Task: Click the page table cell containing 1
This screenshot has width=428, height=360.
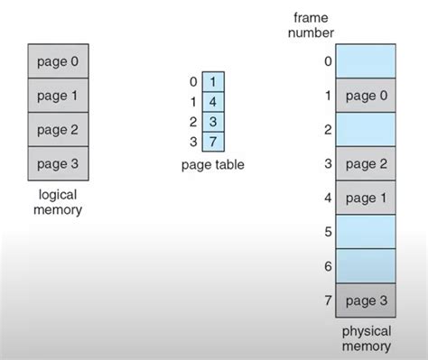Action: [x=212, y=82]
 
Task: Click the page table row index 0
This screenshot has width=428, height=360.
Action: [x=193, y=82]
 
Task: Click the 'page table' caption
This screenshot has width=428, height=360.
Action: [x=212, y=164]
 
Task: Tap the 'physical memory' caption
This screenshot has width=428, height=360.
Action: [x=367, y=338]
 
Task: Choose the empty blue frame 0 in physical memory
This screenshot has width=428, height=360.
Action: [x=367, y=61]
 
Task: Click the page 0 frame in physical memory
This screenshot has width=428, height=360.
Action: [x=367, y=96]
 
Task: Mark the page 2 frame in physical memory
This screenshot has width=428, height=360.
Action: [x=367, y=163]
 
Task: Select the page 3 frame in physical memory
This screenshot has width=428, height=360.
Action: [x=367, y=300]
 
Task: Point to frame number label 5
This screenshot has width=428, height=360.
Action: [x=327, y=232]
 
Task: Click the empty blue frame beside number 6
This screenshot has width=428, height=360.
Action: [x=367, y=265]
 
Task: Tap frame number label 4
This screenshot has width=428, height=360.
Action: [x=327, y=198]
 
